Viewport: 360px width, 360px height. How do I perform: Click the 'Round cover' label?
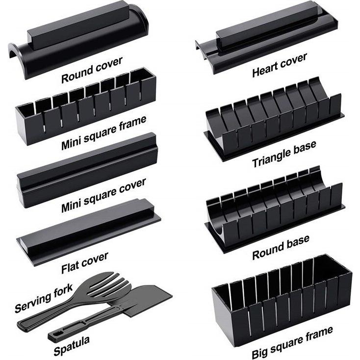pyautogui.click(x=92, y=70)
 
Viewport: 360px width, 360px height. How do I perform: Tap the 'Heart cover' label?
pyautogui.click(x=280, y=65)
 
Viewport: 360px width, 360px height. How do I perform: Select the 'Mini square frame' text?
pyautogui.click(x=104, y=133)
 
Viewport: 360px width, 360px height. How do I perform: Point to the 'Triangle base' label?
pyautogui.click(x=284, y=154)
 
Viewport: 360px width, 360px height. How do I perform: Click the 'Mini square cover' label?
pyautogui.click(x=103, y=195)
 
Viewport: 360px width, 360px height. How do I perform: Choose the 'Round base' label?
pyautogui.click(x=281, y=248)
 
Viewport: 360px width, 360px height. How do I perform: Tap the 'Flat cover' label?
pyautogui.click(x=85, y=263)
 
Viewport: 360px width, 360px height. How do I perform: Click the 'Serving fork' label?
pyautogui.click(x=44, y=298)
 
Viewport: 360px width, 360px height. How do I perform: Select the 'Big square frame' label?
pyautogui.click(x=292, y=342)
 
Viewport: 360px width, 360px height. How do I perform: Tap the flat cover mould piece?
pyautogui.click(x=89, y=232)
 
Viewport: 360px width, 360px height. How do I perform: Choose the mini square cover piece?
pyautogui.click(x=88, y=170)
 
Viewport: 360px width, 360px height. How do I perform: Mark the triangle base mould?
pyautogui.click(x=274, y=119)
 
